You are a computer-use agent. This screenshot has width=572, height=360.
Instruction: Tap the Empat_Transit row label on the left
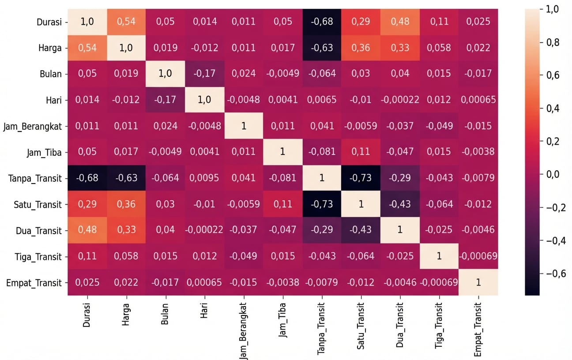click(x=34, y=283)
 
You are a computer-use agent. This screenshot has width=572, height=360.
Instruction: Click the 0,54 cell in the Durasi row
click(x=126, y=22)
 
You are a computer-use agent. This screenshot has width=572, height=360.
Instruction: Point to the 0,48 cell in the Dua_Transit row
click(x=87, y=230)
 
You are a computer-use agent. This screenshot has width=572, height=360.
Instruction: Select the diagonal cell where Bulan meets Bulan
click(x=165, y=74)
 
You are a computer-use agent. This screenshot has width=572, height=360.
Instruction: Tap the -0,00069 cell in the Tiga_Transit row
click(x=478, y=256)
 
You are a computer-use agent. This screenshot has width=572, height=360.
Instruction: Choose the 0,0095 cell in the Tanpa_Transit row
click(x=204, y=178)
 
